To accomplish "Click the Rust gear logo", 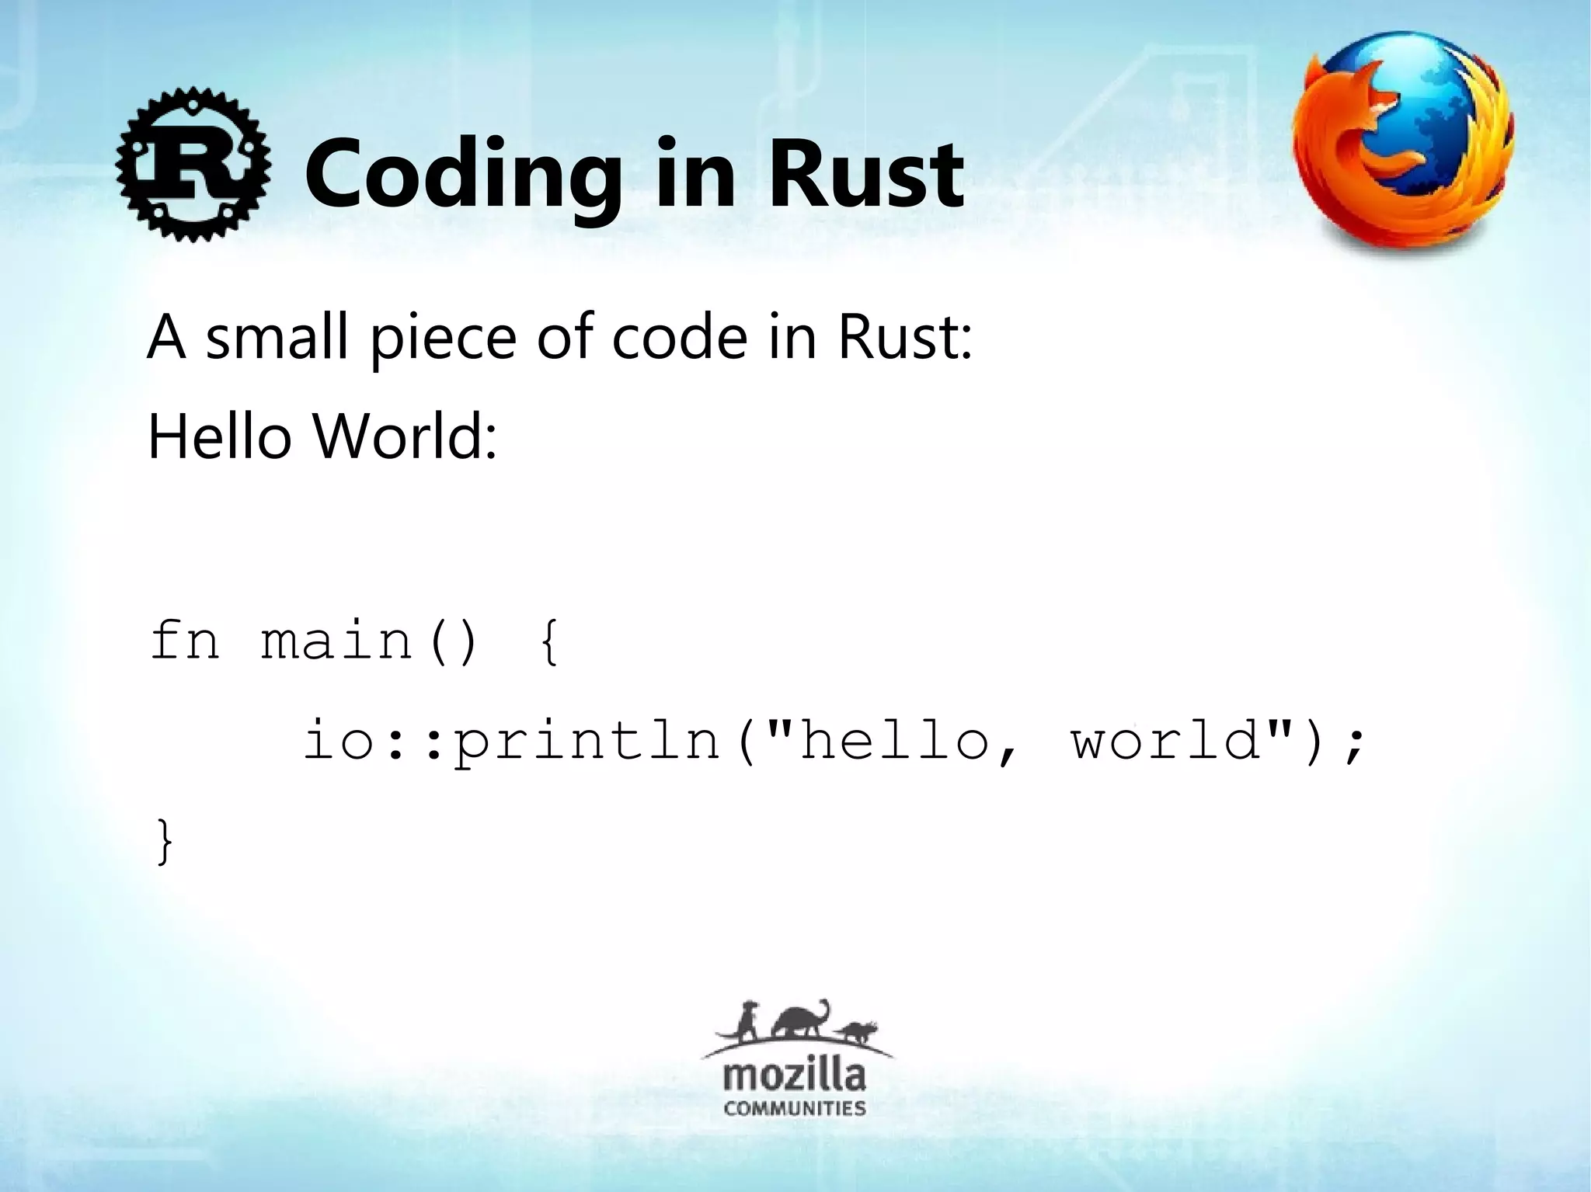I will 193,165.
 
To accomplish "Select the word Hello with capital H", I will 219,436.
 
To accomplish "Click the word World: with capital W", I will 404,436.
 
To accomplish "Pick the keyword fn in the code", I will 185,641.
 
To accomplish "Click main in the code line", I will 336,641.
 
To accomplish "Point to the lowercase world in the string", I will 1165,740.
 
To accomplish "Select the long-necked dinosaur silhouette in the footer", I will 800,1020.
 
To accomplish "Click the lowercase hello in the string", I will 893,740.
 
